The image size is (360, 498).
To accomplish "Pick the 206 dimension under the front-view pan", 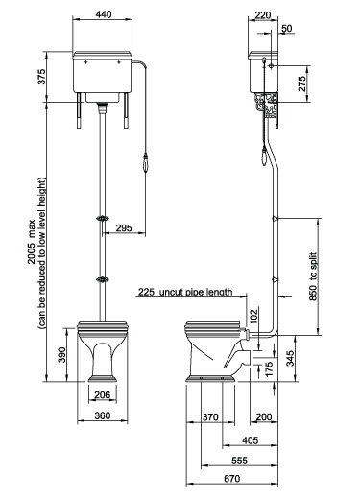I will point(108,394).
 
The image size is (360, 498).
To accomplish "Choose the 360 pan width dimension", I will point(108,416).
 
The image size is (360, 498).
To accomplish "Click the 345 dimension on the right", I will point(316,359).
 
